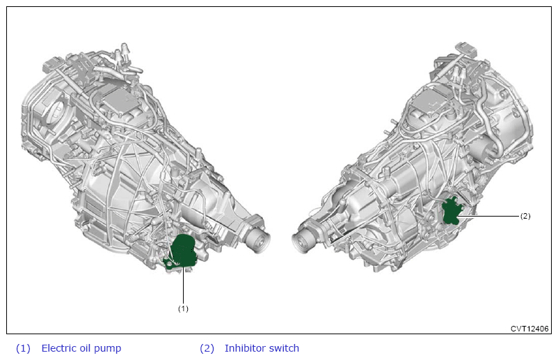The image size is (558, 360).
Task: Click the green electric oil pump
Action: [182, 251]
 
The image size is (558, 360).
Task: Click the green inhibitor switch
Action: [451, 211]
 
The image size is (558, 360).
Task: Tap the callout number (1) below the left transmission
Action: [183, 308]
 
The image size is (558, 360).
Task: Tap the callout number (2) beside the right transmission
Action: [525, 216]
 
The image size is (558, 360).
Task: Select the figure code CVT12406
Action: [529, 328]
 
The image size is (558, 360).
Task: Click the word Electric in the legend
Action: [58, 348]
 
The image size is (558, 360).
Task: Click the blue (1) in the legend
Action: [23, 348]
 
